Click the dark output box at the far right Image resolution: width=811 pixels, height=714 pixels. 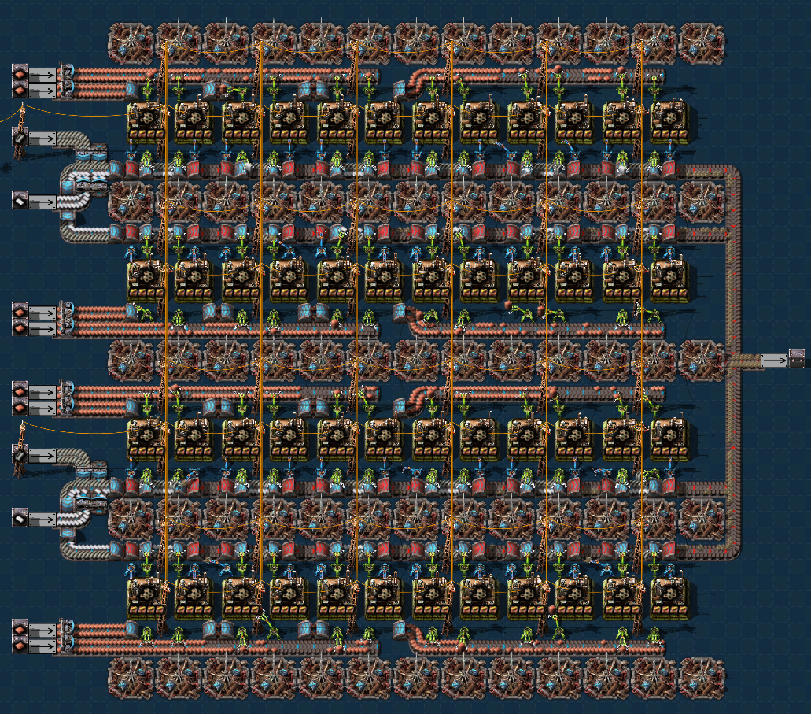(797, 359)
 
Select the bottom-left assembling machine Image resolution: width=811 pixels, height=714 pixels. (146, 598)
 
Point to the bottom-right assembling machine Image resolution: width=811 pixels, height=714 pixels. (669, 598)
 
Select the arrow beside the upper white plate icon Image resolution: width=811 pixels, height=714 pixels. (43, 202)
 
